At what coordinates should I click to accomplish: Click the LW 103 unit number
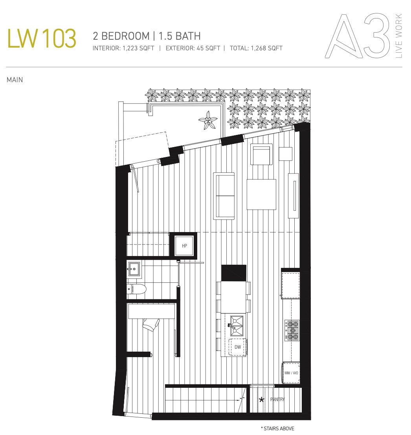pos(42,38)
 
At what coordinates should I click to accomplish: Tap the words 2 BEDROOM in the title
pos(121,36)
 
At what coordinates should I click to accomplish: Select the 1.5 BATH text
pos(180,36)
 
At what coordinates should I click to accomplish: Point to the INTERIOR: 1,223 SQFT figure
pos(123,48)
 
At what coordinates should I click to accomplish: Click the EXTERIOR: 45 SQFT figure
pos(193,48)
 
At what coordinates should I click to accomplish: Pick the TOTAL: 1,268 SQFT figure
pos(256,48)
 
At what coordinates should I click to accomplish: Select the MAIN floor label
pos(15,80)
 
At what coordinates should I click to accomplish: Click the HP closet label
pos(185,245)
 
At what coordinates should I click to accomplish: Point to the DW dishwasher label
pos(237,347)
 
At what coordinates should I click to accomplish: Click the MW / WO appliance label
pos(291,373)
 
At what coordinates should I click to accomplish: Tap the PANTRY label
pos(277,399)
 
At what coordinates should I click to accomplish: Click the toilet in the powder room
pos(136,289)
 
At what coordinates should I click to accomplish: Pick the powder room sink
pos(134,269)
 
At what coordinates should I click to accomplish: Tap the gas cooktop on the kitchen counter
pos(292,330)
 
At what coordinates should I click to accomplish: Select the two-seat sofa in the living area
pos(224,195)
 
